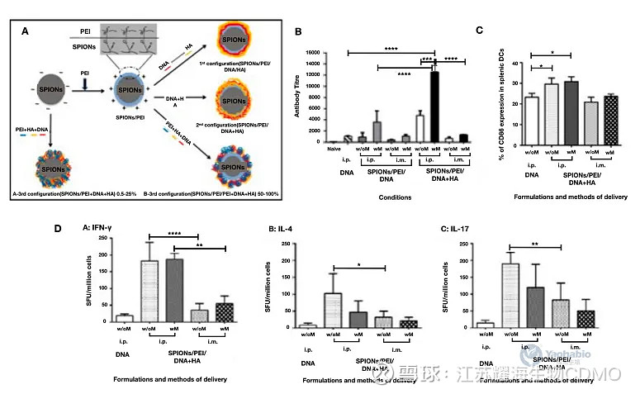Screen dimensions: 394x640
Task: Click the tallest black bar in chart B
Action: click(x=432, y=107)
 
